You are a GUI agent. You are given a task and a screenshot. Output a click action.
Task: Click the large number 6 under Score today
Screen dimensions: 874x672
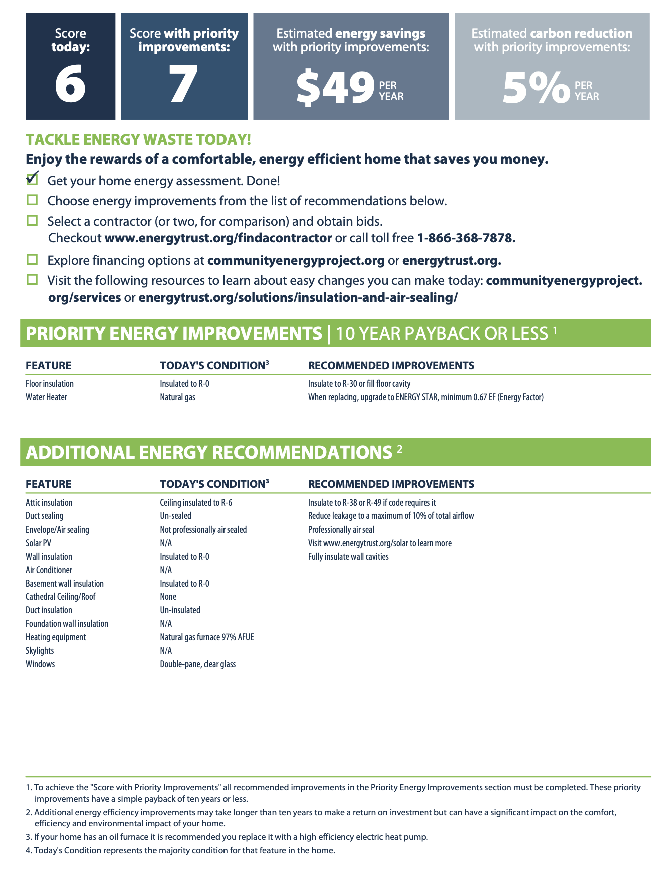[70, 85]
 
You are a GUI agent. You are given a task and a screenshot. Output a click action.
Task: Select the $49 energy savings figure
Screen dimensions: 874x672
[335, 88]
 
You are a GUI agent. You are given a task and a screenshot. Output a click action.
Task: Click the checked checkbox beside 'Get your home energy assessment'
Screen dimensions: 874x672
[32, 179]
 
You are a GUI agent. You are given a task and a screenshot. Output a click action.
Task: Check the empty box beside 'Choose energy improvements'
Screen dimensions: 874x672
[32, 200]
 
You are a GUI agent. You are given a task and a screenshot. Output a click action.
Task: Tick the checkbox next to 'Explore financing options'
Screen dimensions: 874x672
[32, 259]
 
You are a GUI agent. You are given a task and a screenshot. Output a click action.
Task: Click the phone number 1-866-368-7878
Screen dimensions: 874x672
[466, 238]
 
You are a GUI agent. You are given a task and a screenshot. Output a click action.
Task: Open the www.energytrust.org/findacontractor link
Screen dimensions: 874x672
[218, 238]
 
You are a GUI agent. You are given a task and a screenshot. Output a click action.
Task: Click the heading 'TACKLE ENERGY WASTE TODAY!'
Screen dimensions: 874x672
[138, 139]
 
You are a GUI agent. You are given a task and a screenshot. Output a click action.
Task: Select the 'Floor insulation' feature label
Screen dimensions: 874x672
[50, 384]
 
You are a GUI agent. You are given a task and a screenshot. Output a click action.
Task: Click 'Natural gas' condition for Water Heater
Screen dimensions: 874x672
[177, 397]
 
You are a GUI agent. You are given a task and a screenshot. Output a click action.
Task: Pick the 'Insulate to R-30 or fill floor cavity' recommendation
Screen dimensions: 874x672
[359, 384]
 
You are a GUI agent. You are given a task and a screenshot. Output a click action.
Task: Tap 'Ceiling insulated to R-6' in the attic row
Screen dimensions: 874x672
[196, 503]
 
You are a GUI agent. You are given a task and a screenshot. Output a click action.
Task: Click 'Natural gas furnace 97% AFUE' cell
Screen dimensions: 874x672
[206, 637]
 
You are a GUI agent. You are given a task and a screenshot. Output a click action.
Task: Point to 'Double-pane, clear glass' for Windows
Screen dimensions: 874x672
[197, 664]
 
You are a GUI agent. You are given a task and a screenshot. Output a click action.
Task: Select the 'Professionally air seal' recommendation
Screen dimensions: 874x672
[341, 530]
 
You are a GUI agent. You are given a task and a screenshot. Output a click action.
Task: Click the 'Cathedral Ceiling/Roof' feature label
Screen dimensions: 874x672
[60, 597]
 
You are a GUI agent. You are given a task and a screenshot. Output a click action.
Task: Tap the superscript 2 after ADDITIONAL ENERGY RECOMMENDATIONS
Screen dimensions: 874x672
[399, 449]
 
